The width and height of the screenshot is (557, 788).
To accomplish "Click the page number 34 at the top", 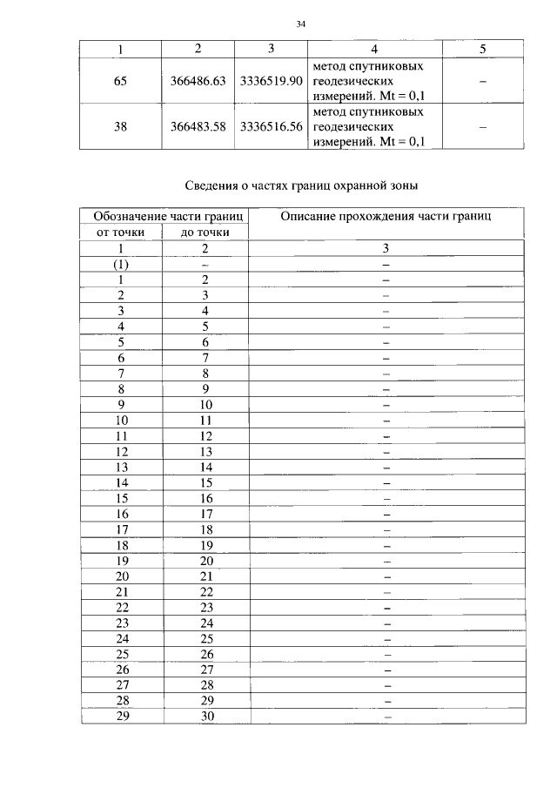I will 300,24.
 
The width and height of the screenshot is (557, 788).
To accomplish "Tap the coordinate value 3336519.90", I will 271,81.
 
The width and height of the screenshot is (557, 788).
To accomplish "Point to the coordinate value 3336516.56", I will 271,126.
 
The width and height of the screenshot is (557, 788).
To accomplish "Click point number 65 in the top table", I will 121,81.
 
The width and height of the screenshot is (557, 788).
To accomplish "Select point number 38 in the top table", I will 121,126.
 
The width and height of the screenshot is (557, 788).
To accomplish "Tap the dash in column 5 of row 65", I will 482,81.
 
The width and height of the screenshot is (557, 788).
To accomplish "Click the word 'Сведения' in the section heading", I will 213,185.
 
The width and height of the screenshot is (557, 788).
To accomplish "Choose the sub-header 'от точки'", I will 121,232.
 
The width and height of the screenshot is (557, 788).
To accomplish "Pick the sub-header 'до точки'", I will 205,232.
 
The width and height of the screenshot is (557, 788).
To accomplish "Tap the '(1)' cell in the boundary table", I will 121,264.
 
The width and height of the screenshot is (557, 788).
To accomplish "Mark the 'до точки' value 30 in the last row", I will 205,717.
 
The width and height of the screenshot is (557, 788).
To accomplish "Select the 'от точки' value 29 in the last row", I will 121,717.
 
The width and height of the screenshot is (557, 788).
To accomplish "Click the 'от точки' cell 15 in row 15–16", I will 121,498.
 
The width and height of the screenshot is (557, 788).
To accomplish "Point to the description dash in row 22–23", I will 386,607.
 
